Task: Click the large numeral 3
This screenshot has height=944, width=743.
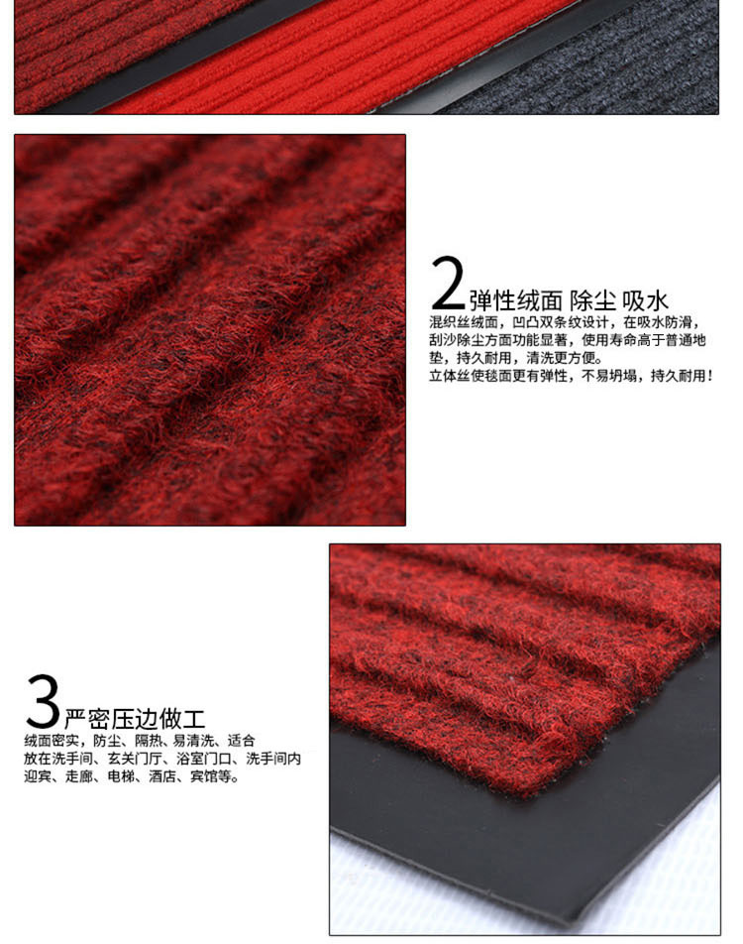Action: [43, 701]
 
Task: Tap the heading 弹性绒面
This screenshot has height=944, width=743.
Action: [515, 299]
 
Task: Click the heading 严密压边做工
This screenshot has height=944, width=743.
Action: [135, 718]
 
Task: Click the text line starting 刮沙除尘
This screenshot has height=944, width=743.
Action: [568, 340]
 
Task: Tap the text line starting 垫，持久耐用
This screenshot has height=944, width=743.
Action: [515, 358]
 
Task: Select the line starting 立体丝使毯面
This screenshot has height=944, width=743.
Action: [571, 376]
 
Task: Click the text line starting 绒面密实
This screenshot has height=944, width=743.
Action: [140, 741]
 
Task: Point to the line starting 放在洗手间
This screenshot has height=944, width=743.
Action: [162, 759]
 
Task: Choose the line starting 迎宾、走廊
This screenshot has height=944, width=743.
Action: [132, 776]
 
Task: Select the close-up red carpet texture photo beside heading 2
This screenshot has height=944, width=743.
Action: [210, 330]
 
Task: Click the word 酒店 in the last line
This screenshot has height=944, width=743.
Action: [162, 776]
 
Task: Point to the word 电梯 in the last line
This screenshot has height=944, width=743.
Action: [121, 776]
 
